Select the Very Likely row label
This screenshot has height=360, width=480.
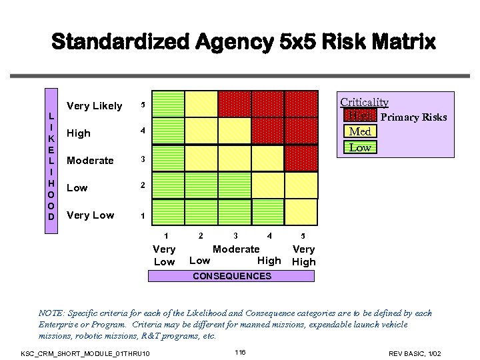95,106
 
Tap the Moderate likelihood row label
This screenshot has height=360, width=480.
90,161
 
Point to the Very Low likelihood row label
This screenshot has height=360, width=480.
90,215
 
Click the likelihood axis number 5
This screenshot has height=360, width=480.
141,106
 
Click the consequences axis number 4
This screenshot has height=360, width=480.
269,235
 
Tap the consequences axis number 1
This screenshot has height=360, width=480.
166,235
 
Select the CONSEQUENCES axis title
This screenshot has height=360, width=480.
231,276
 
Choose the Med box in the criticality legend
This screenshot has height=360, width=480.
360,132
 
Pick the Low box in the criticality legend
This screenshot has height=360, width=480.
360,147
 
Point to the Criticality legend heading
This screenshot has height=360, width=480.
364,102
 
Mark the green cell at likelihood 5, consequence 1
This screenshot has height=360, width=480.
166,105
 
